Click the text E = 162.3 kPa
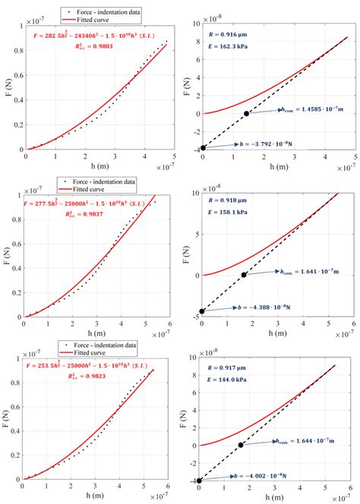point(227,55)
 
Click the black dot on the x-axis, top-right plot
point(246,114)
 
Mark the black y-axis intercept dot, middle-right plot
point(202,310)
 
